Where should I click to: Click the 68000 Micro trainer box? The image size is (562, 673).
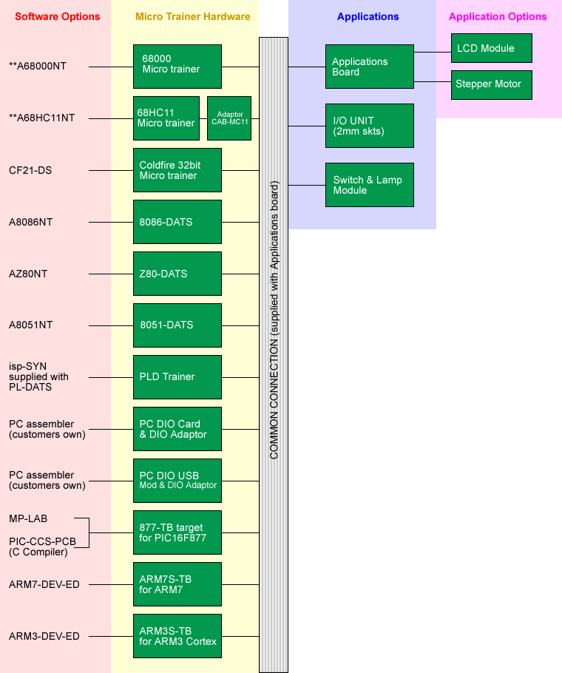177,67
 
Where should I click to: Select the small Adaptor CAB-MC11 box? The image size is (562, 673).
229,118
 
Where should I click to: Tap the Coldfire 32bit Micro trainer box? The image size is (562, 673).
177,170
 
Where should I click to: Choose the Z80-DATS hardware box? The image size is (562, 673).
177,274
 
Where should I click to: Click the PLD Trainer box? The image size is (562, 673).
177,377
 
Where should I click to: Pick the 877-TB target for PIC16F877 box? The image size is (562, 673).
177,532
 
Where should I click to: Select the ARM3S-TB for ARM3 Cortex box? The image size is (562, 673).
177,636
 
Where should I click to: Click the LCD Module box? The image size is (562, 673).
491,48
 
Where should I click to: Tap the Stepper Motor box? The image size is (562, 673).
491,84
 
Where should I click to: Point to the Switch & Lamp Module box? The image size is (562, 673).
369,185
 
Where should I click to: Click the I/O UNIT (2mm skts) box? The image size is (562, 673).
369,126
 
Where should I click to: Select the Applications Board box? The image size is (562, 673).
369,67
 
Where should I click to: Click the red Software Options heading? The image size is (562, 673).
57,16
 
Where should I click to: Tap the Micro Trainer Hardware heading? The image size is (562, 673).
192,16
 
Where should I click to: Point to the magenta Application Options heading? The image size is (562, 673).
498,16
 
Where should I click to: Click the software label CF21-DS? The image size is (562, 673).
30,170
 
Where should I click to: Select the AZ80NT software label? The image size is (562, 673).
28,274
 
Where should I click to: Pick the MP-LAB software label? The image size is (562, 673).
28,518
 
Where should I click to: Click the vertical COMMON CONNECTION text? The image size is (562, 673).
274,355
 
